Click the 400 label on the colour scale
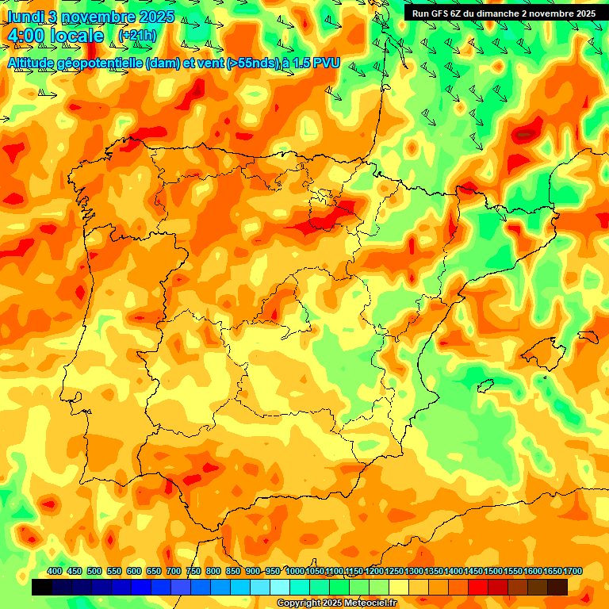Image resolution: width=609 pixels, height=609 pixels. (x=55, y=571)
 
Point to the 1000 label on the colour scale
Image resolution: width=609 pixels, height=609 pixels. (x=295, y=571)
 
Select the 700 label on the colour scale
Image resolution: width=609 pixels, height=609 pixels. (x=174, y=571)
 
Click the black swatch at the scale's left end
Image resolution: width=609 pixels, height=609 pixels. (x=42, y=587)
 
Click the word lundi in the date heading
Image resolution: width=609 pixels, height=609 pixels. (x=29, y=17)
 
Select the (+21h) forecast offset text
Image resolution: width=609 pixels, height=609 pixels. (x=136, y=36)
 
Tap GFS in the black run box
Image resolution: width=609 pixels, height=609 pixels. (x=442, y=13)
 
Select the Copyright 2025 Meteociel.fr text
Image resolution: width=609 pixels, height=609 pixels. (x=336, y=603)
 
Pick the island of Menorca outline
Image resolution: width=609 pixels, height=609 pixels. (x=588, y=336)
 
